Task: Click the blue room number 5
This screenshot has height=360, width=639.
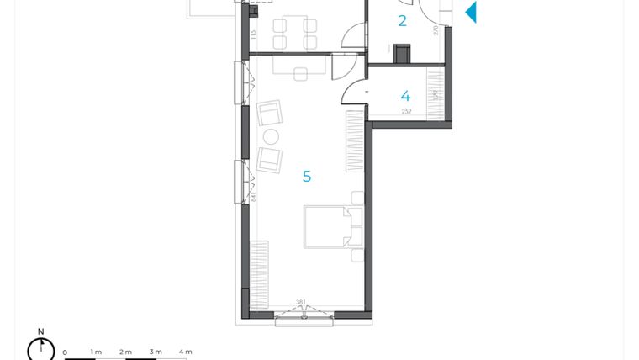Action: (x=307, y=177)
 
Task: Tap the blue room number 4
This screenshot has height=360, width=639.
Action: (x=405, y=96)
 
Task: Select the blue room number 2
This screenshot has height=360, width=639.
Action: (x=402, y=21)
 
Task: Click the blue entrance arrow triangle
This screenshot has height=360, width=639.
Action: (x=471, y=12)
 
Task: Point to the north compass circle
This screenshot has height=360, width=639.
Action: (x=40, y=348)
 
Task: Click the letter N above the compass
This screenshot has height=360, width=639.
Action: (x=40, y=331)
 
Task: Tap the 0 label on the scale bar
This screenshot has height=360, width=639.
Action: (x=65, y=352)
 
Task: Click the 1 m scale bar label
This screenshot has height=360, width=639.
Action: (x=96, y=352)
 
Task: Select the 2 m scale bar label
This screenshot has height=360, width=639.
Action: (x=125, y=352)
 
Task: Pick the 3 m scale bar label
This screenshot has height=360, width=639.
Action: (x=156, y=352)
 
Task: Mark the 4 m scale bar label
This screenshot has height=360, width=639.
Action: (x=186, y=352)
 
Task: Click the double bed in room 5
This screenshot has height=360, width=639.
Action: (x=328, y=226)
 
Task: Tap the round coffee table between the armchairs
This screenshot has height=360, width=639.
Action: (x=271, y=136)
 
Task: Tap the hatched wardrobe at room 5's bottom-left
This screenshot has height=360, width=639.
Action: (x=259, y=273)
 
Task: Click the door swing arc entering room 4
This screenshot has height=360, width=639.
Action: (x=356, y=91)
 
